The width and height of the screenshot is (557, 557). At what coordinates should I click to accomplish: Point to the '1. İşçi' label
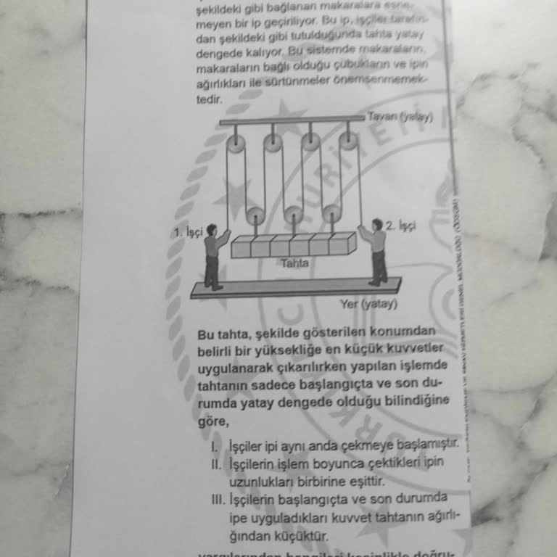187,233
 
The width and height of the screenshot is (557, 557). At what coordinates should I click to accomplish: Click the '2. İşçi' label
400,226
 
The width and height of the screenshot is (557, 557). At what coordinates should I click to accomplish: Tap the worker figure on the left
213,257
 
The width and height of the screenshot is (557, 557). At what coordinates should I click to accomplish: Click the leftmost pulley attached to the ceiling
236,144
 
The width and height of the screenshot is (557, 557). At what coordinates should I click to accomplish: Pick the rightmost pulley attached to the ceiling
349,141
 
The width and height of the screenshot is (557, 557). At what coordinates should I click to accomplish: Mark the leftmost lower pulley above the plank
255,215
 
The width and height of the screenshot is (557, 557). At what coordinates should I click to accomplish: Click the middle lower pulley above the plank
294,215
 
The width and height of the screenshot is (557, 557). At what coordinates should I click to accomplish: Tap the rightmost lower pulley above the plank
332,213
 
